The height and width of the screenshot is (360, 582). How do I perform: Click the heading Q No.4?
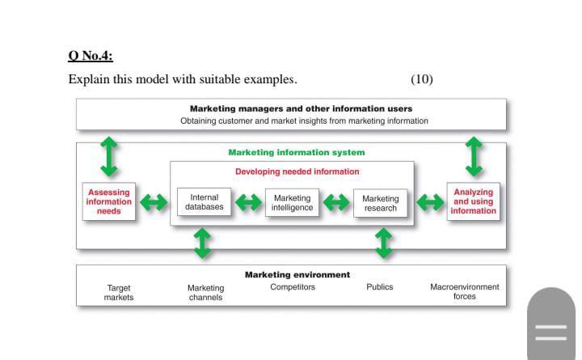91,56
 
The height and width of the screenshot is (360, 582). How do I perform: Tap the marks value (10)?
421,79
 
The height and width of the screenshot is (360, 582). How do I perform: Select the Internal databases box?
204,202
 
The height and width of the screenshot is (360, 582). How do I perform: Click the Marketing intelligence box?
292,202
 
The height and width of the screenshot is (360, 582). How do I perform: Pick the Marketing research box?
380,203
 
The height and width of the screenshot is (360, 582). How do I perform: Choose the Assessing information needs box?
109,201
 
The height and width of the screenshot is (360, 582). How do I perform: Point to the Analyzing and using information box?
473,201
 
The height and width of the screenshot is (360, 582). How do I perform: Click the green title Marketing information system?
296,152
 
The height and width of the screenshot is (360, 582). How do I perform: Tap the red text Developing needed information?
297,172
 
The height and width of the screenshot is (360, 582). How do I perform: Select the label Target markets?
119,292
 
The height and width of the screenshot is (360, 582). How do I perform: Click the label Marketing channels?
205,292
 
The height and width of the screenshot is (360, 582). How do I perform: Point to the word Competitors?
293,287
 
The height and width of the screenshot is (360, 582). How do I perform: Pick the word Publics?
379,287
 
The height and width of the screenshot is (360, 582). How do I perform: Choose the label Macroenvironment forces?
465,292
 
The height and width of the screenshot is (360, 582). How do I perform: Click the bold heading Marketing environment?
297,274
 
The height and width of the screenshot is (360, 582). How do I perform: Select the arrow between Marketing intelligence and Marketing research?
336,202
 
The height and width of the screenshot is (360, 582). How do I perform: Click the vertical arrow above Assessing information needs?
109,155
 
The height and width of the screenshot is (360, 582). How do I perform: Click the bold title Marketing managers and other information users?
301,108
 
